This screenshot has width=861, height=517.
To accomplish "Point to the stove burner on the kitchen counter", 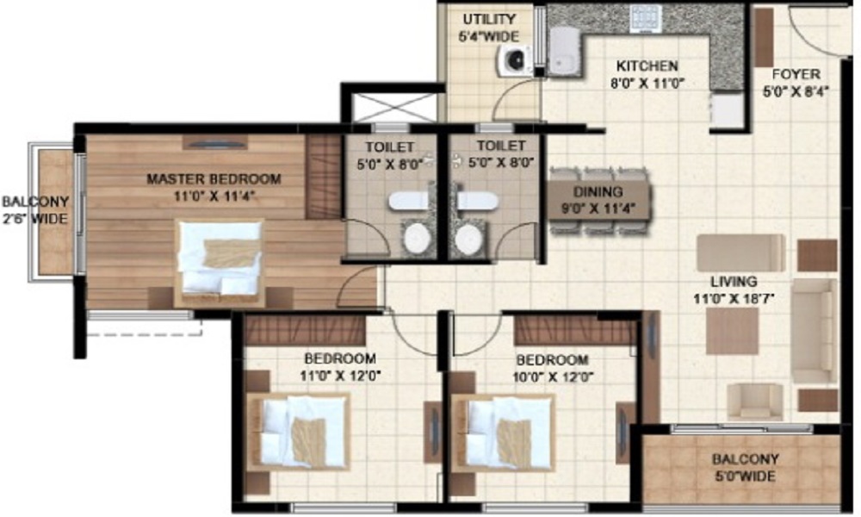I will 644,17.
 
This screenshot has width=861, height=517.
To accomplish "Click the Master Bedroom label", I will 214,179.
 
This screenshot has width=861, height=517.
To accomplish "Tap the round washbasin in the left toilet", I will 418,238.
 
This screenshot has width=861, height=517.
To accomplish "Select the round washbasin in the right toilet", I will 470,239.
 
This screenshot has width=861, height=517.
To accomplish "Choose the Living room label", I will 733,281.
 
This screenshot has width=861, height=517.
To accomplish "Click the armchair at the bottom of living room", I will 755,401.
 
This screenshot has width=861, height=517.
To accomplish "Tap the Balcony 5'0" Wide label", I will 745,468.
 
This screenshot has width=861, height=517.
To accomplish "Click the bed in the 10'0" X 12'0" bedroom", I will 503,431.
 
